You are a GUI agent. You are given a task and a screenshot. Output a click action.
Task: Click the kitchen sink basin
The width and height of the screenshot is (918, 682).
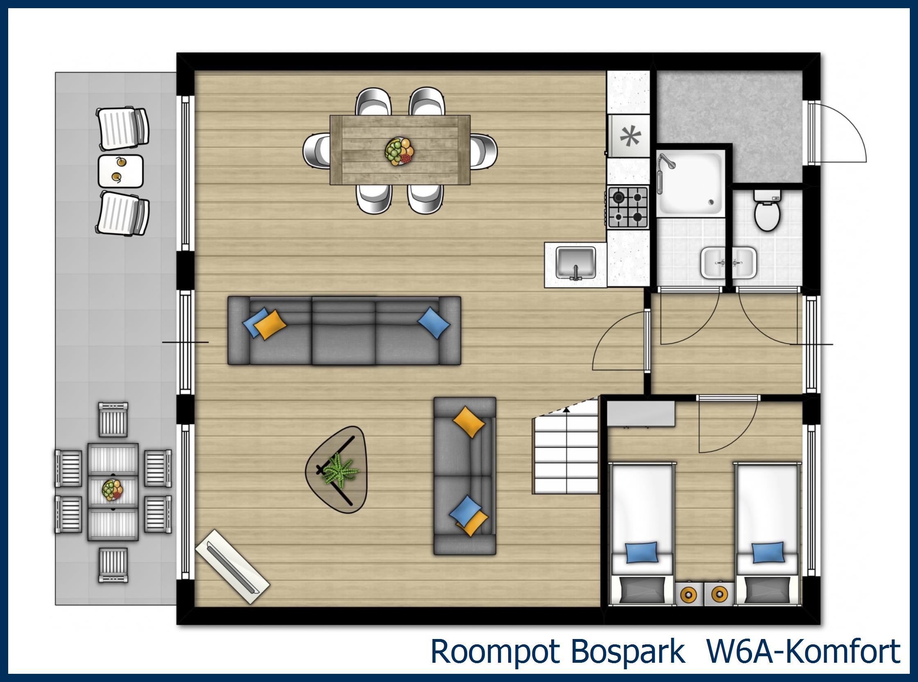pyautogui.click(x=575, y=263)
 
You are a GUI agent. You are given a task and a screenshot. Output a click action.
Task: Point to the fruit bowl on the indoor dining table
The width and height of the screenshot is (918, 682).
pyautogui.click(x=399, y=151)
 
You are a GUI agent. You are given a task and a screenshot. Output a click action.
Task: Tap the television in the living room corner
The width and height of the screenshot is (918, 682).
pyautogui.click(x=232, y=566)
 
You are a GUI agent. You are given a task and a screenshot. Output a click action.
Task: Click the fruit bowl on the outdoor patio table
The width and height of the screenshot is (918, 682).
pyautogui.click(x=112, y=490)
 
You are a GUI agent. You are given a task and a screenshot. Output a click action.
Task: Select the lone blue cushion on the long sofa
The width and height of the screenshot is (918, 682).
pyautogui.click(x=434, y=323)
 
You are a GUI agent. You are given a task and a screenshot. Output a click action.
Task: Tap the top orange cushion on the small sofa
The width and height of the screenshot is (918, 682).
pyautogui.click(x=468, y=422)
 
